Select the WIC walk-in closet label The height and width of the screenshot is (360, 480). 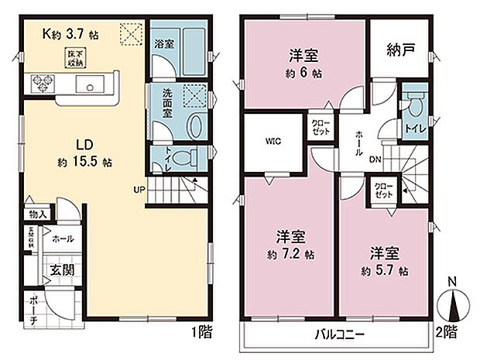click(272, 142)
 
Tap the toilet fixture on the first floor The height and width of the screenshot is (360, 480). click(183, 158)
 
